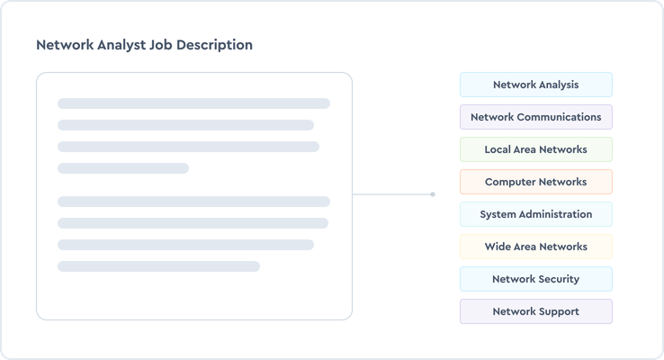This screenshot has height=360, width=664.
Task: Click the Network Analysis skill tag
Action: click(x=535, y=85)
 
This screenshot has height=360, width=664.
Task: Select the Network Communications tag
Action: click(x=535, y=117)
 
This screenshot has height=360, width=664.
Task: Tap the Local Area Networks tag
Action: click(x=535, y=149)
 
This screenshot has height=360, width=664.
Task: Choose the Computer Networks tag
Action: click(x=535, y=182)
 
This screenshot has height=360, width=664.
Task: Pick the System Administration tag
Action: click(x=535, y=214)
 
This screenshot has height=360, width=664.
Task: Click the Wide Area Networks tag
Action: click(x=535, y=247)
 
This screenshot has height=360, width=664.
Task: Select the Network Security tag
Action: click(x=535, y=279)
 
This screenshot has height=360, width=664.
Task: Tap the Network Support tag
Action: click(x=535, y=311)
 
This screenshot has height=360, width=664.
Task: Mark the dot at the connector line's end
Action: click(x=433, y=194)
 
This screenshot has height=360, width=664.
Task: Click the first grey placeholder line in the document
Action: click(x=193, y=103)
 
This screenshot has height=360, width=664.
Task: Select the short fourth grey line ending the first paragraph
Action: click(x=123, y=168)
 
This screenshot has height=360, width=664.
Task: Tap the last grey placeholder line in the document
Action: click(x=158, y=266)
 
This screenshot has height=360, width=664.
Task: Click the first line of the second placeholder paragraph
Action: click(x=193, y=202)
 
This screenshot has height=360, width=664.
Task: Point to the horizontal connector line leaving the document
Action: click(x=391, y=194)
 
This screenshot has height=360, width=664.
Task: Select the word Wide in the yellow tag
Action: click(x=498, y=247)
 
